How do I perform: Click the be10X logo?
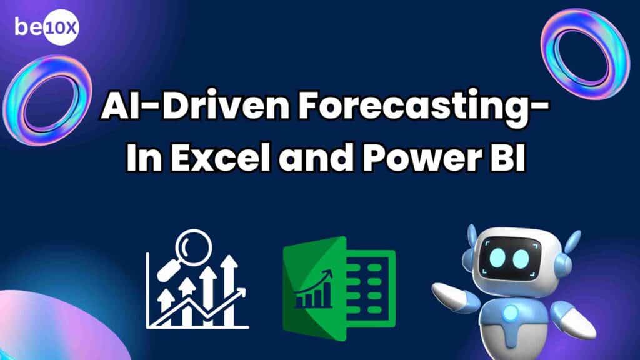[x=46, y=27]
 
